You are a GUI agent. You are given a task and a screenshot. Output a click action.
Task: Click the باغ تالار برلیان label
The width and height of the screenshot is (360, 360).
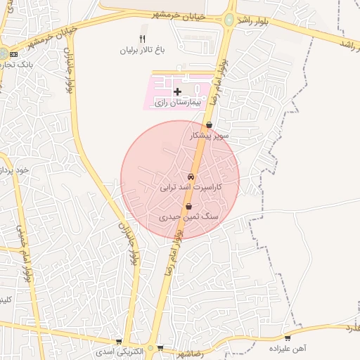click(145, 51)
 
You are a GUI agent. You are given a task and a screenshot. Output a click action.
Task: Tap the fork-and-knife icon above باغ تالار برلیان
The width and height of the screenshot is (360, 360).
click(143, 39)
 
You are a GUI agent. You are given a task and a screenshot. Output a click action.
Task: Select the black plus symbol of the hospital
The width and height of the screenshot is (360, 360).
click(177, 92)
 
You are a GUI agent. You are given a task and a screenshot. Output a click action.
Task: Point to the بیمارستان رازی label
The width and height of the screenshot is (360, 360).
click(180, 103)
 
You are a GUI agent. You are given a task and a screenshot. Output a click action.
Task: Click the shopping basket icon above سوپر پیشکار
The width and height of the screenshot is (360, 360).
click(209, 125)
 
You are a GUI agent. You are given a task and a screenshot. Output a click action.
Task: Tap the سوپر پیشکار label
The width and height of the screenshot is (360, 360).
click(205, 136)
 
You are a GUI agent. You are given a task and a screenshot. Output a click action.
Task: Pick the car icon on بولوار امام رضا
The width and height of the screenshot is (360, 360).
click(191, 176)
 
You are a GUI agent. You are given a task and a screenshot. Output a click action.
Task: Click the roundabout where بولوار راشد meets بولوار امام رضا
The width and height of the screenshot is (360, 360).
click(229, 20)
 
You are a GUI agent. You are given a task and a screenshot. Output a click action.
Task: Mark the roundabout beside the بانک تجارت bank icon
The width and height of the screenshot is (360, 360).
click(4, 54)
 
